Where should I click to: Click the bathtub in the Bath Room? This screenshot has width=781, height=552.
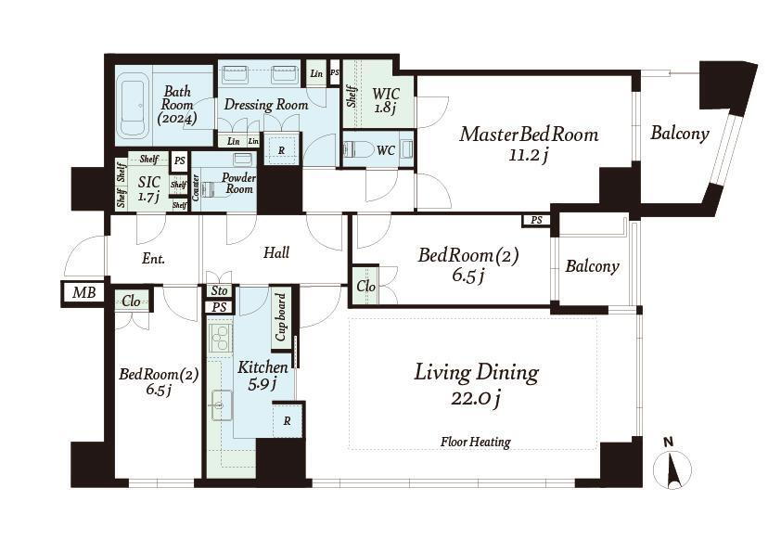pos(134,106)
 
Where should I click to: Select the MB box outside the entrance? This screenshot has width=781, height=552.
pos(83,292)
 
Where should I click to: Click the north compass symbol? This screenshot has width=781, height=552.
pos(672,464)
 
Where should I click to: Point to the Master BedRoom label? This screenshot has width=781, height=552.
pos(529,135)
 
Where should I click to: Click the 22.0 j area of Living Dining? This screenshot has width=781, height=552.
pos(476,399)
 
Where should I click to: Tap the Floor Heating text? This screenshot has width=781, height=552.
pos(476,442)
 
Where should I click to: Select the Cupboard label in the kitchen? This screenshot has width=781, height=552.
pos(281,317)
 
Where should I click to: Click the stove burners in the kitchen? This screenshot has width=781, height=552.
pos(220,338)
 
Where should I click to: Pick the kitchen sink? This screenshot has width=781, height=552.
pos(221,404)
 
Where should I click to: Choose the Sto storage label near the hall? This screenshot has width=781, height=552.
pos(219,290)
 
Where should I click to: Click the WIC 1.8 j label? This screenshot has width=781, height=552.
pos(386,100)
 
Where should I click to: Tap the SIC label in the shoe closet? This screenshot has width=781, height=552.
pos(149,183)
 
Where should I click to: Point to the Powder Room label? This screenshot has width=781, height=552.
pos(239,183)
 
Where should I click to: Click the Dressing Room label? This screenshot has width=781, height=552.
pos(266,105)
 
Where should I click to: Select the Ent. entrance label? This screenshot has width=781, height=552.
pos(153,259)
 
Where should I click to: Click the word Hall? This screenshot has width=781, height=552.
pos(276,252)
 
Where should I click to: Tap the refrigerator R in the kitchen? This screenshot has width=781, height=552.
pos(288,421)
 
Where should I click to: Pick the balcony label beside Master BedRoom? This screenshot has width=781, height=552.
pos(680,133)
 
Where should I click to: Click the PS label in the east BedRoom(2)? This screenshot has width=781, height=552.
pos(536,220)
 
